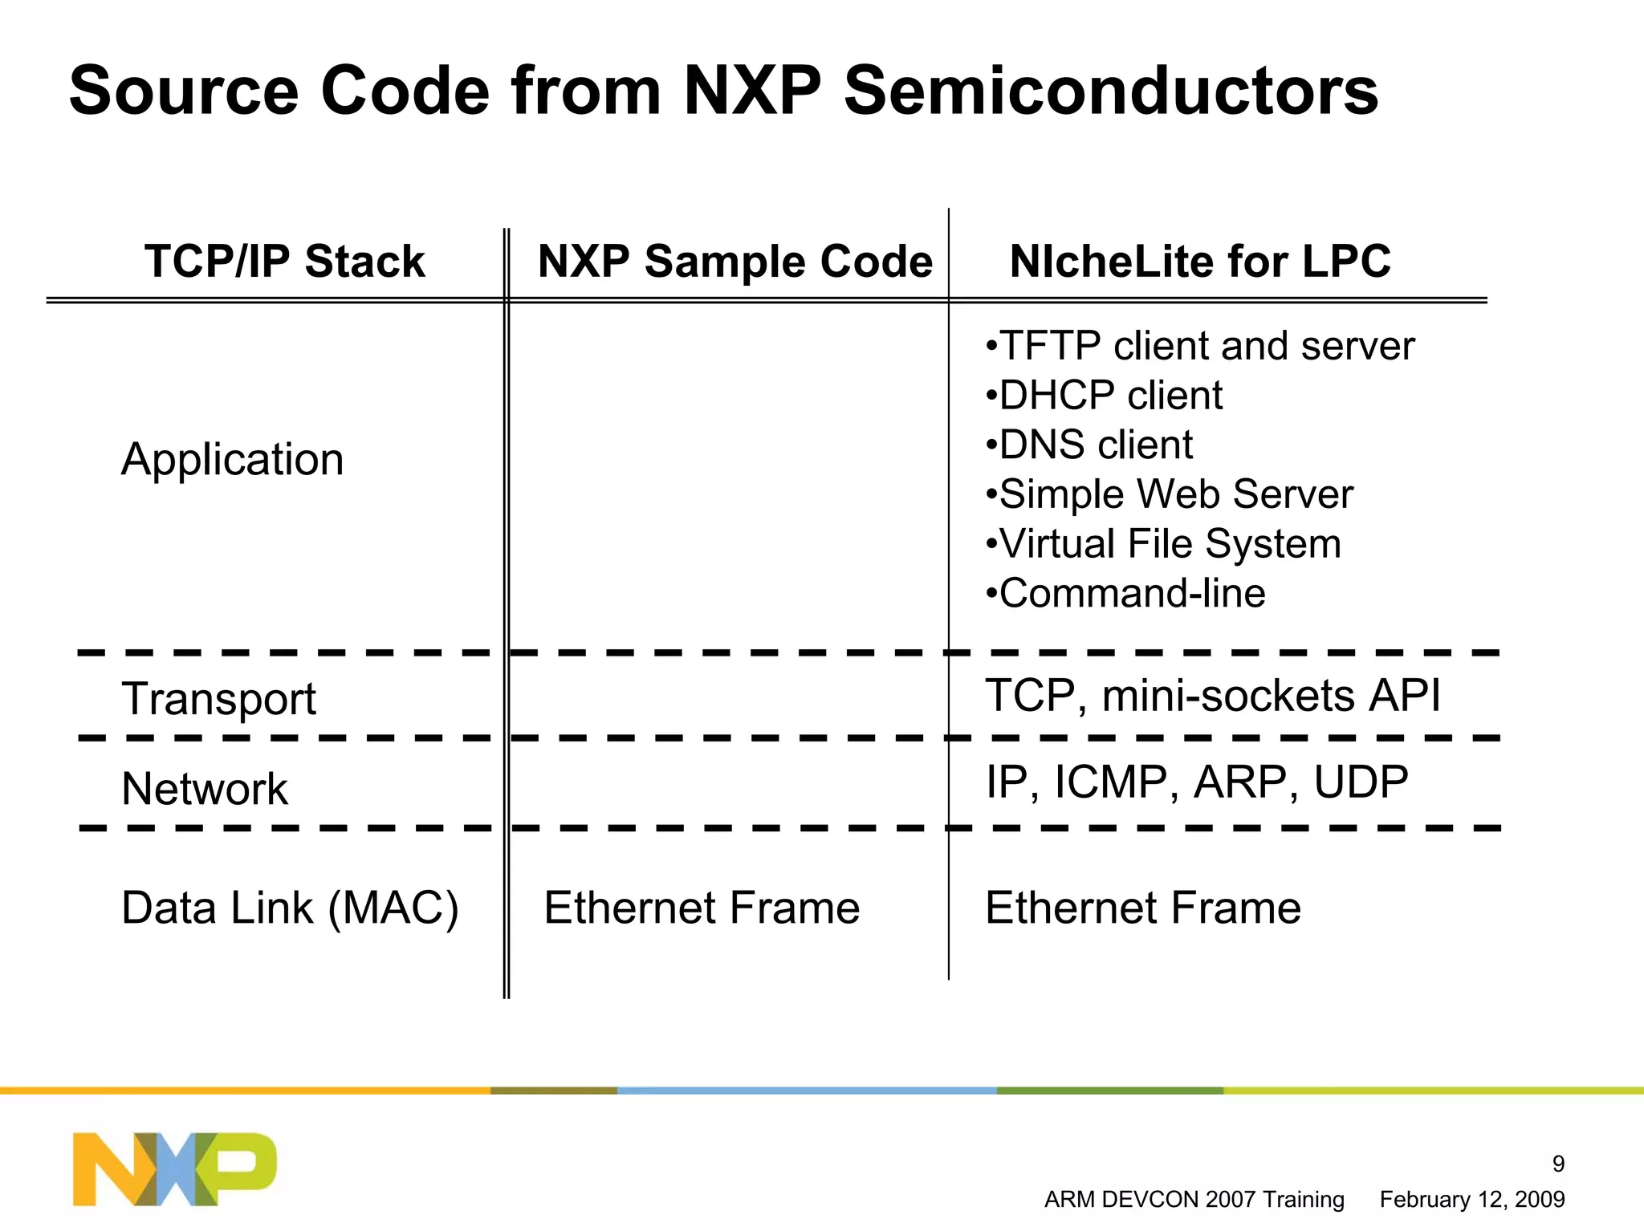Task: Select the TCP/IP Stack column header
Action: (x=284, y=262)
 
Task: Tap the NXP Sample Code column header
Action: (x=735, y=262)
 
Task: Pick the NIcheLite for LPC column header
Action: (x=1200, y=262)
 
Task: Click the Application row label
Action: (x=232, y=460)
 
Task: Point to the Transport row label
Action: (x=218, y=698)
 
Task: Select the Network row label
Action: (x=205, y=789)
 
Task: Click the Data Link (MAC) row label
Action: (x=290, y=908)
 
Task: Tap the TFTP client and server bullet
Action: (x=1200, y=347)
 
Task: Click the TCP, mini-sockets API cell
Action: (x=1212, y=695)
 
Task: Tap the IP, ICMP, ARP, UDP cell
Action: (x=1196, y=782)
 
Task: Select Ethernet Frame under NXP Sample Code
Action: (x=702, y=908)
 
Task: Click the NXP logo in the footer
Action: (x=174, y=1168)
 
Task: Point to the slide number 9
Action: (x=1558, y=1163)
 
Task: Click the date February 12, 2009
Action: (x=1471, y=1200)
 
